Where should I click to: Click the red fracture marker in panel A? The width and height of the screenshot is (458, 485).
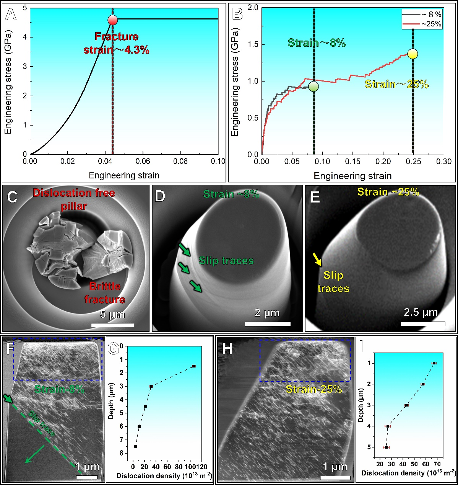pyautogui.click(x=112, y=20)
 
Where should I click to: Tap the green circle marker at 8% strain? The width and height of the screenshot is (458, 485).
pyautogui.click(x=313, y=87)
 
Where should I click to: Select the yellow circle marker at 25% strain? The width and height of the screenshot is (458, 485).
pyautogui.click(x=413, y=54)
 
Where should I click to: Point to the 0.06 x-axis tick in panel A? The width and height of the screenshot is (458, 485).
pyautogui.click(x=143, y=161)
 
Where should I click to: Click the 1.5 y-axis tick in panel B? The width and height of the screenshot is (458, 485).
pyautogui.click(x=253, y=44)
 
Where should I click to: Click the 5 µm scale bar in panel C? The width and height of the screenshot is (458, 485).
pyautogui.click(x=112, y=325)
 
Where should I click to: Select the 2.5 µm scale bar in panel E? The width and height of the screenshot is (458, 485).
pyautogui.click(x=423, y=324)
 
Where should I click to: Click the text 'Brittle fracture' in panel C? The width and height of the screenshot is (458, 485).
pyautogui.click(x=105, y=293)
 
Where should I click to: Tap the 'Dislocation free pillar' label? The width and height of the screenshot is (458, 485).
pyautogui.click(x=74, y=199)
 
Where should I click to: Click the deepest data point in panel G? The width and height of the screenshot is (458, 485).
pyautogui.click(x=135, y=446)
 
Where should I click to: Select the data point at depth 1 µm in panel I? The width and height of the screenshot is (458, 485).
pyautogui.click(x=434, y=363)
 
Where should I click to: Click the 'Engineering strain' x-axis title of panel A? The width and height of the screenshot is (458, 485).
pyautogui.click(x=124, y=176)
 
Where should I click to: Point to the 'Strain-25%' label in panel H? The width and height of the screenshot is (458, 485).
pyautogui.click(x=314, y=389)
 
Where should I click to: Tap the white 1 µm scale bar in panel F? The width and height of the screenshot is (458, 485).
pyautogui.click(x=87, y=477)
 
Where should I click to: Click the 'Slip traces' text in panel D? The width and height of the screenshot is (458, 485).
pyautogui.click(x=226, y=261)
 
